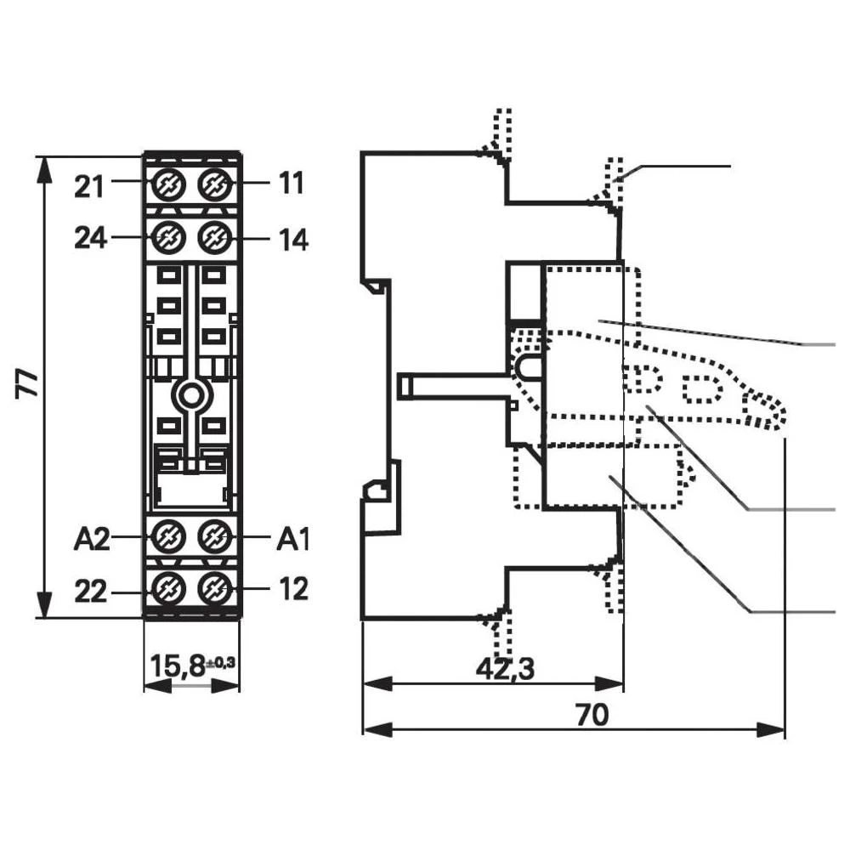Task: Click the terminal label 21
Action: click(x=89, y=186)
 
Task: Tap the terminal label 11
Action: click(x=290, y=184)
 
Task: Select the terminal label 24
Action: click(x=90, y=239)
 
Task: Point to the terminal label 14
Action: click(x=292, y=240)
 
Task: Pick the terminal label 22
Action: click(x=89, y=591)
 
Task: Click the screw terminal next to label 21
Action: click(x=167, y=183)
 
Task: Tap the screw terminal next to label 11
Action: click(x=214, y=183)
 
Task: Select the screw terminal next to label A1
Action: click(x=214, y=535)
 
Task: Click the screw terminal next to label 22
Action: click(x=167, y=586)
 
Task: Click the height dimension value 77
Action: click(x=29, y=384)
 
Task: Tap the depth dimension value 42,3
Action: click(x=505, y=669)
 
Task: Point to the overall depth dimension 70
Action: click(x=592, y=716)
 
